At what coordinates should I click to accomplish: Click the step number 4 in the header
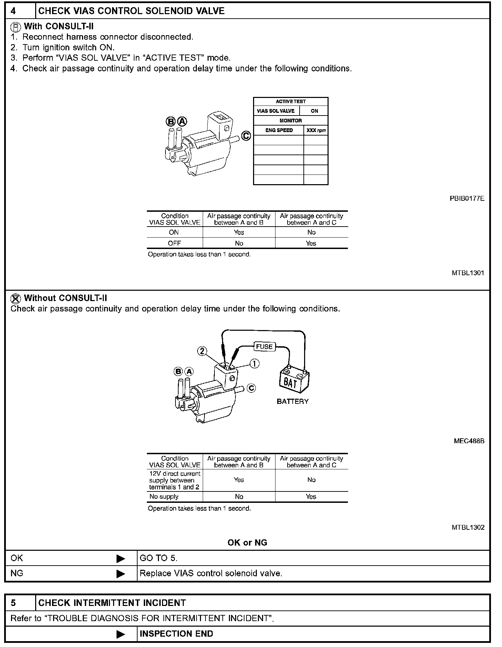(x=13, y=11)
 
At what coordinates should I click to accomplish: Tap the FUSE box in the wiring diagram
(x=264, y=347)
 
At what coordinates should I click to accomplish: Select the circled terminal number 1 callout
(x=254, y=364)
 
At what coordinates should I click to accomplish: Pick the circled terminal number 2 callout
(x=202, y=351)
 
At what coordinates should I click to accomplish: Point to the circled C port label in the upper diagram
(x=246, y=136)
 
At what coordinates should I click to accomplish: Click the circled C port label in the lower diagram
(x=251, y=388)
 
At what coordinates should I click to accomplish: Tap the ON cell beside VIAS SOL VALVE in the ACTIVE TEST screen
(x=314, y=111)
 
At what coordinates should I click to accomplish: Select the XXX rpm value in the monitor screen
(x=316, y=130)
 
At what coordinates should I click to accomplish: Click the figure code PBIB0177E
(x=467, y=198)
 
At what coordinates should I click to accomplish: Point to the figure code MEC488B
(x=469, y=441)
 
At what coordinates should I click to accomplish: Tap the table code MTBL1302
(x=468, y=527)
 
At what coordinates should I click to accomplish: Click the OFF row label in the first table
(x=174, y=243)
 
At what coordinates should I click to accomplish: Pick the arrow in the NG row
(x=121, y=574)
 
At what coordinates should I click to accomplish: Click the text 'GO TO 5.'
(x=158, y=558)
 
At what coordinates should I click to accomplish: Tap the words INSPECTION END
(x=176, y=634)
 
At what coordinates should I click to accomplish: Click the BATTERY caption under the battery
(x=292, y=401)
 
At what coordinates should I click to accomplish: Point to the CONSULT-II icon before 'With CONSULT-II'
(x=15, y=27)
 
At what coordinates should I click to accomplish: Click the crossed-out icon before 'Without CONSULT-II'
(x=15, y=298)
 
